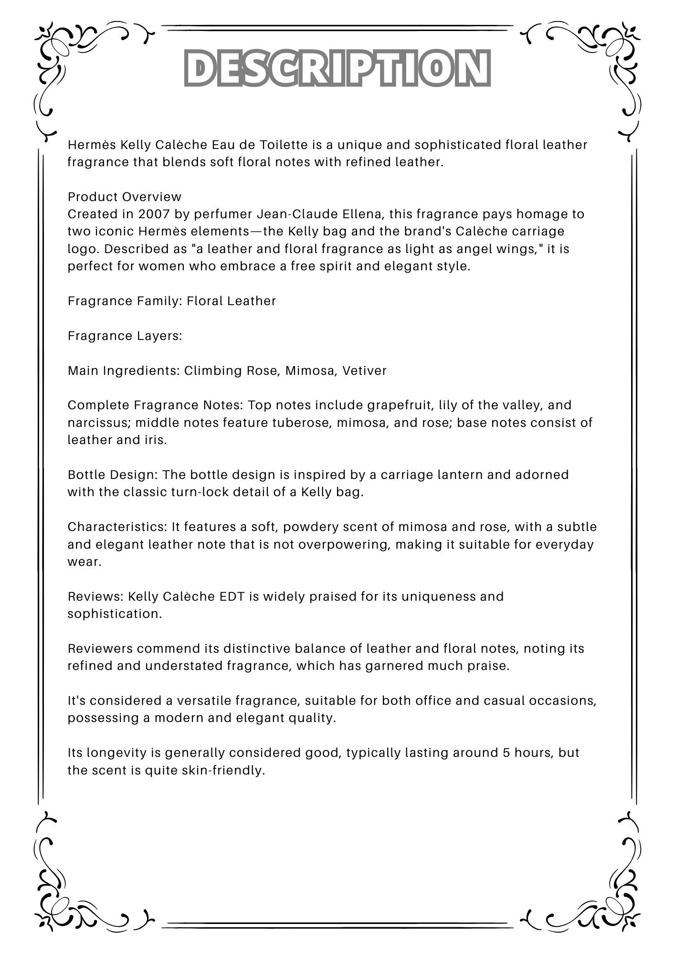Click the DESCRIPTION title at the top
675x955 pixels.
coord(337,68)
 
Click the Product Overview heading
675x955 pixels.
coord(125,197)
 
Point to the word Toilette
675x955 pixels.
coord(277,145)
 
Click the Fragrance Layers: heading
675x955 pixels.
coord(125,336)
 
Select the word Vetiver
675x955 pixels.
coord(364,371)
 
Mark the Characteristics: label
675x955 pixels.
coord(117,527)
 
